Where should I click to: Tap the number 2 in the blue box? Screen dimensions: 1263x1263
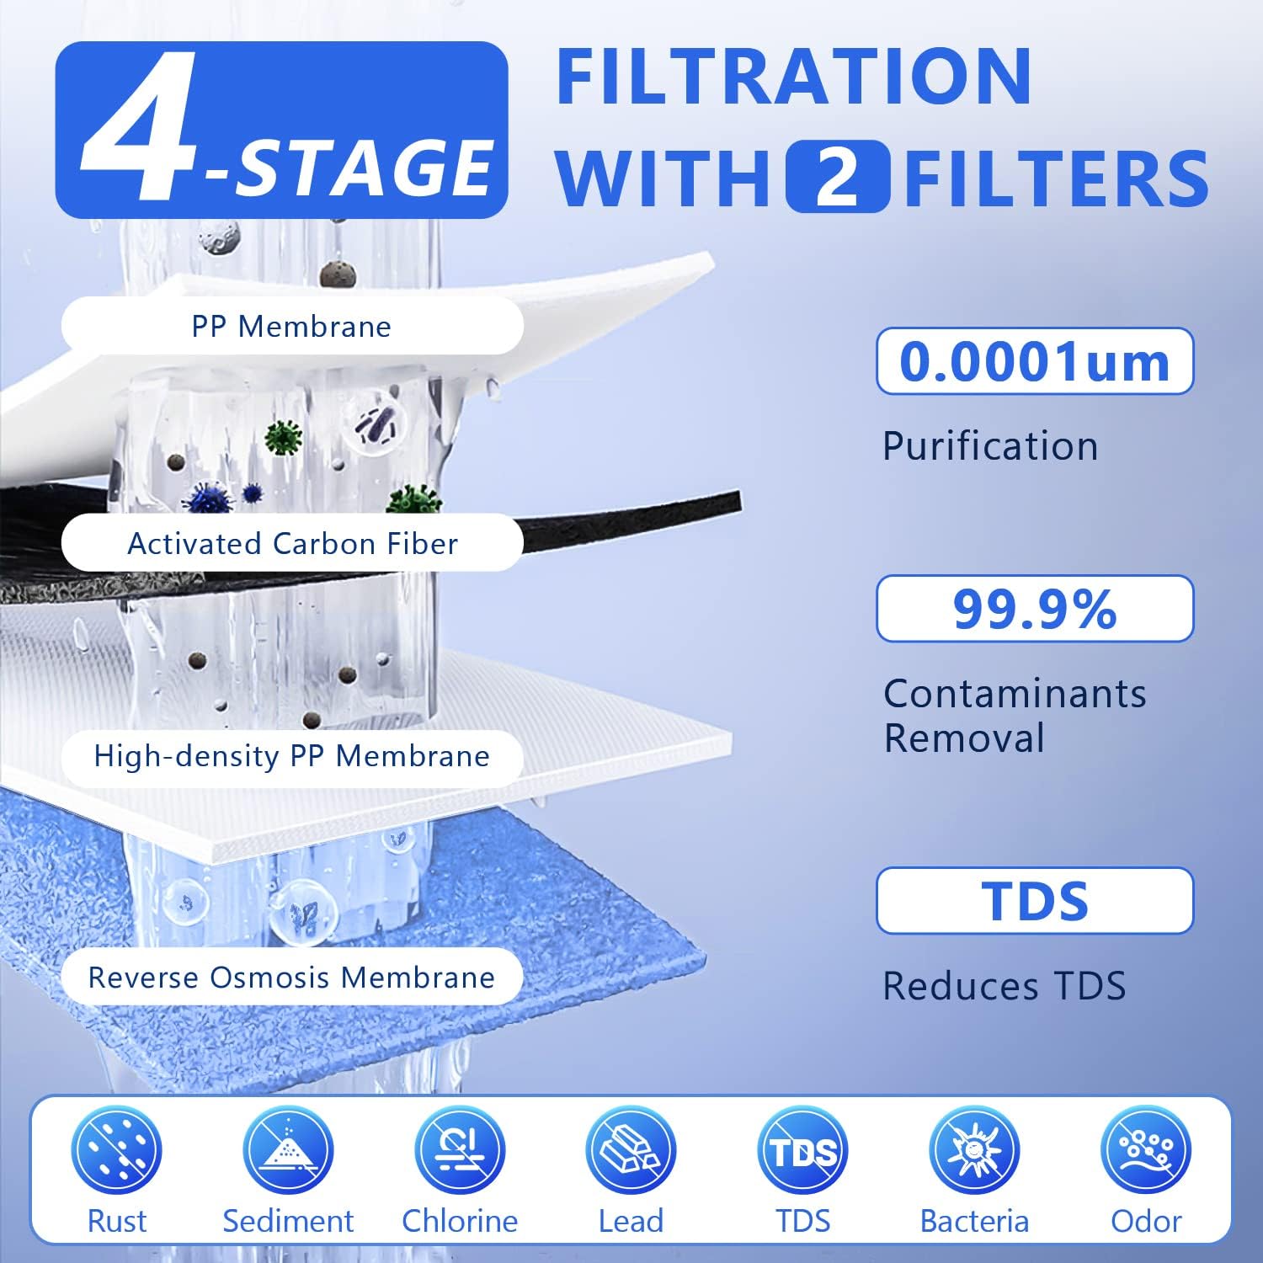click(837, 177)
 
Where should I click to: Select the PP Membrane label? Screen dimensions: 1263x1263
click(291, 326)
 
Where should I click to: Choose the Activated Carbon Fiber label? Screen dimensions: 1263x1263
click(291, 543)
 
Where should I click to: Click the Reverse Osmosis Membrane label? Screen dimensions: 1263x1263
click(291, 977)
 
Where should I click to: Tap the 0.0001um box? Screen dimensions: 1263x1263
click(1035, 361)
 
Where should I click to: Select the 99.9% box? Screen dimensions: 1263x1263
click(1035, 609)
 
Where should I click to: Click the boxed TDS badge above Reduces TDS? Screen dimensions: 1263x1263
click(1035, 901)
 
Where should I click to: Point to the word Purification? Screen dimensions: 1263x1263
click(990, 445)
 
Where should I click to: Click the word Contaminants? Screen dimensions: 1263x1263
click(1015, 694)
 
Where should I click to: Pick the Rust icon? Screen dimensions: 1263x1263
click(116, 1151)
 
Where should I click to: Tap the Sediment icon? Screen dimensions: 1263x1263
click(288, 1151)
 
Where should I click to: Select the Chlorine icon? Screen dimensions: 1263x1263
click(460, 1151)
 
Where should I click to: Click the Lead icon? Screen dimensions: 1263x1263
click(631, 1151)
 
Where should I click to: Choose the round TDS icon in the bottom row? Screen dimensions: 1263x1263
click(803, 1151)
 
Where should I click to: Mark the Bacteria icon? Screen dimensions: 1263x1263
click(975, 1151)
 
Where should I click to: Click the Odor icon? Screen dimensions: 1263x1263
click(1147, 1151)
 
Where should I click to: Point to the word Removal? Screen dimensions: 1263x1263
click(964, 738)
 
